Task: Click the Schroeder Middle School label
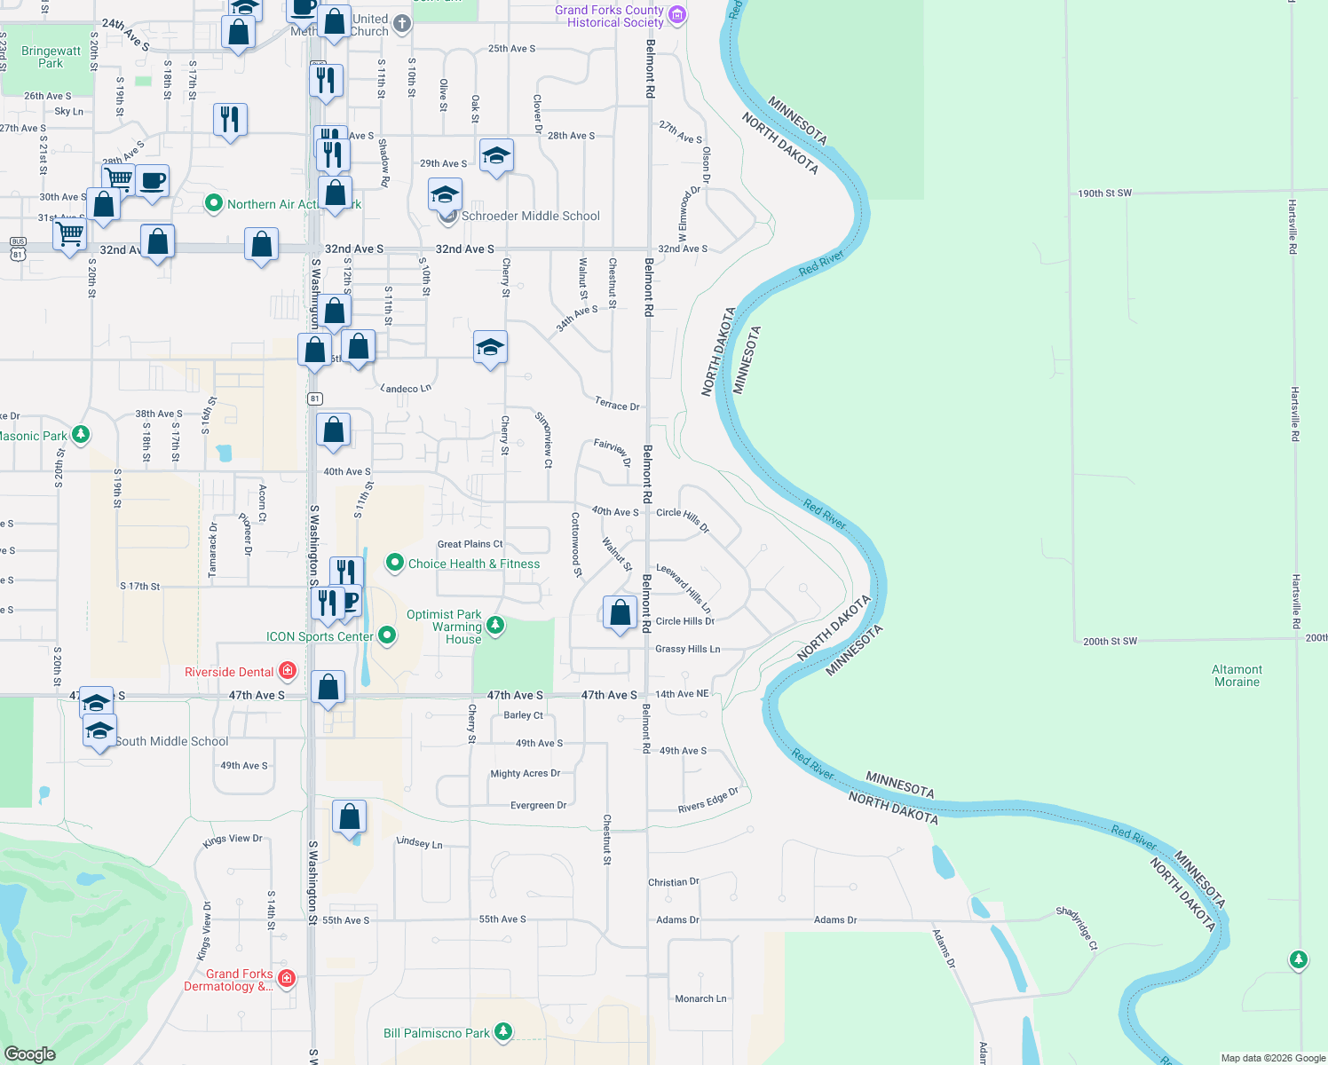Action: (x=530, y=216)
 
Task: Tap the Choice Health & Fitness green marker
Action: (x=395, y=564)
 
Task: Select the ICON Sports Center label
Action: (x=320, y=636)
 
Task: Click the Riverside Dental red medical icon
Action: (x=287, y=671)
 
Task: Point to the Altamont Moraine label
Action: (x=1237, y=675)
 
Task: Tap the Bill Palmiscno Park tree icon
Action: (x=503, y=1031)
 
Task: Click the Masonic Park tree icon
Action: (x=81, y=435)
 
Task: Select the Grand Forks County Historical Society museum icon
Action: (x=677, y=15)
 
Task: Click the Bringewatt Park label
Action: (x=51, y=57)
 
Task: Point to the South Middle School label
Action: (x=171, y=741)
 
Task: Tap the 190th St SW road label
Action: (x=1104, y=193)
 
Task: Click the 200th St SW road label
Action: (x=1110, y=641)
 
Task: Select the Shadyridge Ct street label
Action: (x=1077, y=927)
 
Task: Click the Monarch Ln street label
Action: (x=700, y=998)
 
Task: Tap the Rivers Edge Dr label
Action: (x=707, y=801)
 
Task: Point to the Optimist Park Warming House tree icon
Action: (x=495, y=626)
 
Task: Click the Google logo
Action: (x=29, y=1053)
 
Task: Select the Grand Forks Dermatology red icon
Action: (x=287, y=978)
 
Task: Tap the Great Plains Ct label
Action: (x=470, y=544)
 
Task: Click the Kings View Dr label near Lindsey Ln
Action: (x=233, y=840)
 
